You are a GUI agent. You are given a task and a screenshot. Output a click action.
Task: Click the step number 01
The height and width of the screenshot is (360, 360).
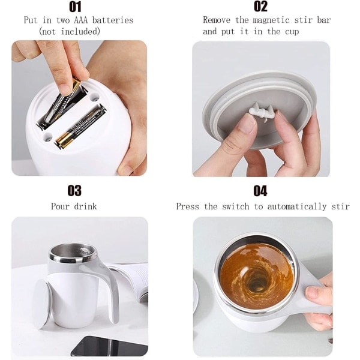[x=75, y=7]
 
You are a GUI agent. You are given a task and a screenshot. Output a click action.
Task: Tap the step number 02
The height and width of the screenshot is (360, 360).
[x=260, y=7]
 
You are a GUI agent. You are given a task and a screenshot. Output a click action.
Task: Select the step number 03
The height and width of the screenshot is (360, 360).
[x=74, y=191]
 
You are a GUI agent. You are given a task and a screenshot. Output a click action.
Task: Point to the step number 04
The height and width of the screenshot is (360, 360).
[x=260, y=191]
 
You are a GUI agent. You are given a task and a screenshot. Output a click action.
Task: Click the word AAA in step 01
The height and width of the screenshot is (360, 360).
[x=81, y=20]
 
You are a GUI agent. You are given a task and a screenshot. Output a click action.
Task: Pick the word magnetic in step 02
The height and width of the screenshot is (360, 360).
[x=271, y=20]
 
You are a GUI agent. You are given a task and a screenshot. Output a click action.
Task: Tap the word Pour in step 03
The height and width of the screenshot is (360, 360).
[x=60, y=206]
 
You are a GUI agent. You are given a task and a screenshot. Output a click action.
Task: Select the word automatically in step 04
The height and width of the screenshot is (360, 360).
[x=296, y=206]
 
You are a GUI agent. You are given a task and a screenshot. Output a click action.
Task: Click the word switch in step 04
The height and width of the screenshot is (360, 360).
[x=236, y=206]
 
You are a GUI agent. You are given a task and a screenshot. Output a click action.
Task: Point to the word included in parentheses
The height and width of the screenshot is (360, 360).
[x=80, y=31]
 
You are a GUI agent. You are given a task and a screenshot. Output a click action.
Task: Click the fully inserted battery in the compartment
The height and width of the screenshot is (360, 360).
[x=80, y=126]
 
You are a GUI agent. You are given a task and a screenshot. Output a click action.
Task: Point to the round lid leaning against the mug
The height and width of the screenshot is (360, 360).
[x=41, y=304]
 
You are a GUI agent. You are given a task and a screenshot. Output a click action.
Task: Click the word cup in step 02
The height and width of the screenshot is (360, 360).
[x=292, y=32]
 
